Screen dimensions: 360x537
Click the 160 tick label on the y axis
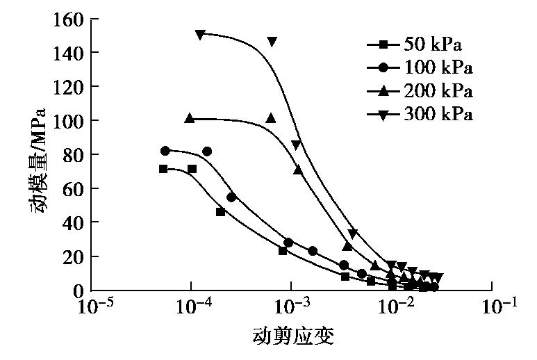pyautogui.click(x=66, y=19)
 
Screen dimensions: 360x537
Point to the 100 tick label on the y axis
pyautogui.click(x=66, y=120)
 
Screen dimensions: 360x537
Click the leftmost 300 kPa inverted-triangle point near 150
pyautogui.click(x=200, y=34)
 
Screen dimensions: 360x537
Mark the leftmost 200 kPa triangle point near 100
pyautogui.click(x=190, y=118)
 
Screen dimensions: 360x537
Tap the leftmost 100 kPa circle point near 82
pyautogui.click(x=165, y=151)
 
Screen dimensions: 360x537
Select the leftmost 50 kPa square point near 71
pyautogui.click(x=163, y=169)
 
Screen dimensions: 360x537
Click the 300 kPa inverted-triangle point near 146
pyautogui.click(x=272, y=42)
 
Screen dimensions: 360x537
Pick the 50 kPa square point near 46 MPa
pyautogui.click(x=221, y=212)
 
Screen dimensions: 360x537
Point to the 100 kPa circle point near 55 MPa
pyautogui.click(x=231, y=197)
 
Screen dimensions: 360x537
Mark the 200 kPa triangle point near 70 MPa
pyautogui.click(x=298, y=170)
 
